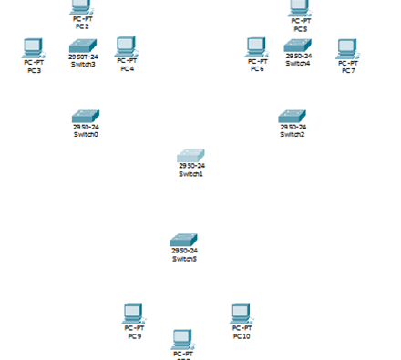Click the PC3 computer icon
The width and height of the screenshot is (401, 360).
pyautogui.click(x=34, y=47)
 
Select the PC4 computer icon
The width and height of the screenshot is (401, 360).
pyautogui.click(x=127, y=46)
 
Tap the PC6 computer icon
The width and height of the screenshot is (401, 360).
pyautogui.click(x=257, y=46)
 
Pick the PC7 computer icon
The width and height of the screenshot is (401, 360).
pyautogui.click(x=346, y=48)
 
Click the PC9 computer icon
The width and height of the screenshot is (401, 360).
pyautogui.click(x=134, y=314)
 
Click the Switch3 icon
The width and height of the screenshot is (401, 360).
pyautogui.click(x=82, y=46)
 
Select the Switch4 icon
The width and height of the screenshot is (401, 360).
pyautogui.click(x=297, y=46)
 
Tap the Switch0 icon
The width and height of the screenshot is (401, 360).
pyautogui.click(x=86, y=117)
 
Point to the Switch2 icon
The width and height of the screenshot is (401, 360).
pyautogui.click(x=293, y=117)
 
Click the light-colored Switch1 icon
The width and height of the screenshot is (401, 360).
pyautogui.click(x=190, y=156)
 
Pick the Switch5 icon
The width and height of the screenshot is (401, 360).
pyautogui.click(x=184, y=241)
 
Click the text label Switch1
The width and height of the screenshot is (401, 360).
pyautogui.click(x=190, y=173)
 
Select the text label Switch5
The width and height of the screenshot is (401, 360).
pyautogui.click(x=184, y=259)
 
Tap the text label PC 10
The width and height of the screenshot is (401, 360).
pyautogui.click(x=241, y=335)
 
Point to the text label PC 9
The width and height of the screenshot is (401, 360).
pyautogui.click(x=134, y=335)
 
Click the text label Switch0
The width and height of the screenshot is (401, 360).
pyautogui.click(x=86, y=135)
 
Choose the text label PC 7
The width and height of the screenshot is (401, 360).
pyautogui.click(x=347, y=70)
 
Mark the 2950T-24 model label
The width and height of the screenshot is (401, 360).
pyautogui.click(x=82, y=57)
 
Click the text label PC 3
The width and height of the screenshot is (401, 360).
pyautogui.click(x=34, y=70)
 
